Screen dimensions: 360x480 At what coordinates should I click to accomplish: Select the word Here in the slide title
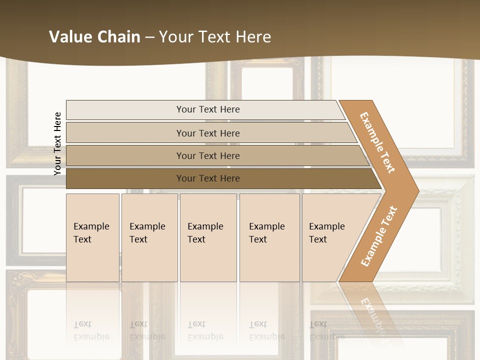(x=253, y=37)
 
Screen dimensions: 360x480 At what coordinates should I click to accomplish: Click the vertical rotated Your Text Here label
(x=57, y=144)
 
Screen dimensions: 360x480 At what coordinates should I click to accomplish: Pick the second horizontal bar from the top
(x=208, y=133)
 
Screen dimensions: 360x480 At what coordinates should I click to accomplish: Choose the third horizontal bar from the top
(x=208, y=155)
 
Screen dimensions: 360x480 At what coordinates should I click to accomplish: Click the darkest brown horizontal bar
(x=208, y=178)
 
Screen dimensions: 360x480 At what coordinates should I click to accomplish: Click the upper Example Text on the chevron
(x=377, y=142)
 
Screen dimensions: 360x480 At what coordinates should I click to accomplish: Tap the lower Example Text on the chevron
(x=378, y=236)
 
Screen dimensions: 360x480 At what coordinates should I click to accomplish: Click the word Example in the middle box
(x=205, y=226)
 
